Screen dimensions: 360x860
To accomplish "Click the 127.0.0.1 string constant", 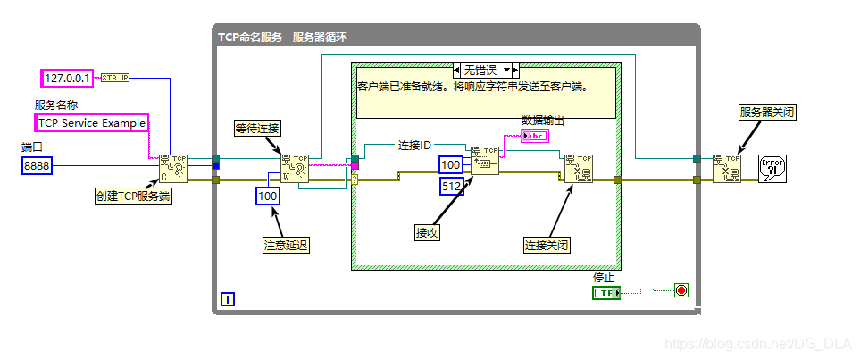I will [67, 78].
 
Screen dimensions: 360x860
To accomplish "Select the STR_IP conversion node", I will [115, 78].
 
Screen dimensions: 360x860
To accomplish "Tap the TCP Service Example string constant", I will [90, 123].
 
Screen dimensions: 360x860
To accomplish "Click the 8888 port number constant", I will [37, 165].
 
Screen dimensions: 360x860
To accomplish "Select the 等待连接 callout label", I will [257, 128].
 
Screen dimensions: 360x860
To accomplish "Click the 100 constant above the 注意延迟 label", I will [268, 196].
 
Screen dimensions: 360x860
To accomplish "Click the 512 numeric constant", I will [452, 186].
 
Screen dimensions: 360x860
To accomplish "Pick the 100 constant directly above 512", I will [452, 164].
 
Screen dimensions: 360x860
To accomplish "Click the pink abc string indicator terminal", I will [536, 136].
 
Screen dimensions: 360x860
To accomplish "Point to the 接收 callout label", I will [427, 232].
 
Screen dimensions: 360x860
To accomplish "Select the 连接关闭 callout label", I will [547, 244].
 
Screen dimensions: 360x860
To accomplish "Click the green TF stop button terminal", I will [605, 292].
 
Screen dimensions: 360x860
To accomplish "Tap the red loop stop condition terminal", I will [681, 290].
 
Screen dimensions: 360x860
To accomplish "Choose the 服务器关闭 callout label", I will [766, 112].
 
